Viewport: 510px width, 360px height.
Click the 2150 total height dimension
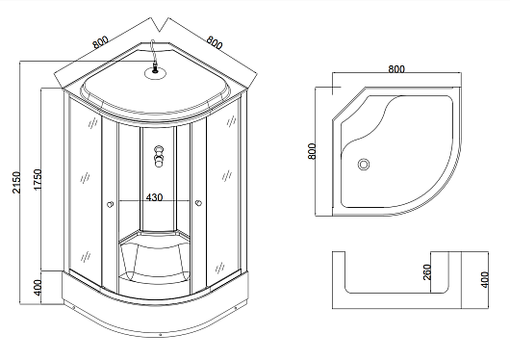coord(16,183)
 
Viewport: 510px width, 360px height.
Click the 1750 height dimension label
coord(38,180)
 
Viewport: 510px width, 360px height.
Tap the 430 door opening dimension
coord(154,197)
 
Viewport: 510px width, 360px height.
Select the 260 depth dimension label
coord(426,272)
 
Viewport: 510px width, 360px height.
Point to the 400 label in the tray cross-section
coord(484,279)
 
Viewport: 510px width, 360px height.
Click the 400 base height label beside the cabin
coord(38,288)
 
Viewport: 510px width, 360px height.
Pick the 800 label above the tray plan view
coord(396,69)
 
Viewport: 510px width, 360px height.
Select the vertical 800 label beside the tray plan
coord(311,151)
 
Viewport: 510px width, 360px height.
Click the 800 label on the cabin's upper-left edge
coord(100,42)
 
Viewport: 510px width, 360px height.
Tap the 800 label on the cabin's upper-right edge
coord(215,42)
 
